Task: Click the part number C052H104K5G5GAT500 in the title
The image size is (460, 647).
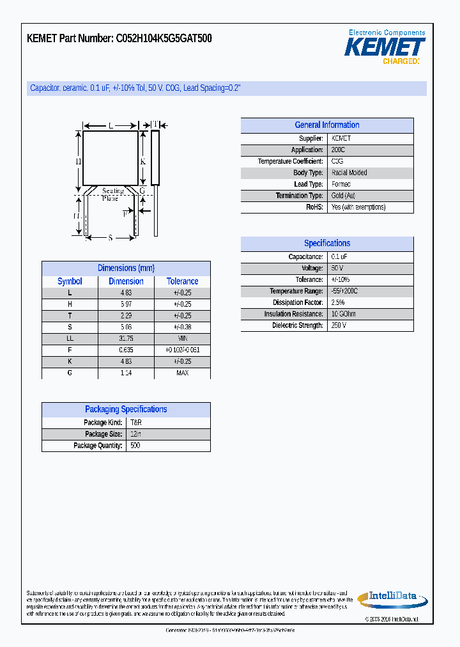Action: click(164, 39)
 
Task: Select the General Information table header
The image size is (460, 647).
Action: click(326, 125)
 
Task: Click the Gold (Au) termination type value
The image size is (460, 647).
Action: click(344, 196)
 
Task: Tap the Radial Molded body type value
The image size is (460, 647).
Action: click(349, 173)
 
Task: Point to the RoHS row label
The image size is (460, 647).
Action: click(314, 207)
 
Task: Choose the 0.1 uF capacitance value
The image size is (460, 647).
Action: click(339, 256)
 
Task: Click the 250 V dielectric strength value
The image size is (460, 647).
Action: click(339, 325)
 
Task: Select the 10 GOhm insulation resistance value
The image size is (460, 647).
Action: click(344, 314)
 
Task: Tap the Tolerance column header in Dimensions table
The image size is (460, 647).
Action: click(182, 281)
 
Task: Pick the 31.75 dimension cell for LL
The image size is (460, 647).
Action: click(125, 338)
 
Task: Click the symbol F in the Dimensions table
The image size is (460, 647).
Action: click(70, 350)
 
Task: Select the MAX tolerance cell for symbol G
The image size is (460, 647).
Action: click(182, 373)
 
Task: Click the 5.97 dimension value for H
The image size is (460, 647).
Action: click(125, 304)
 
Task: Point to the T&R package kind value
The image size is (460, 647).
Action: click(135, 423)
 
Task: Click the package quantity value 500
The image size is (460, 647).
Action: click(135, 446)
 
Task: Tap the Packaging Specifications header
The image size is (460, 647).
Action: click(126, 410)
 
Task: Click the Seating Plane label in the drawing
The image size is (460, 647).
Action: click(112, 194)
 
